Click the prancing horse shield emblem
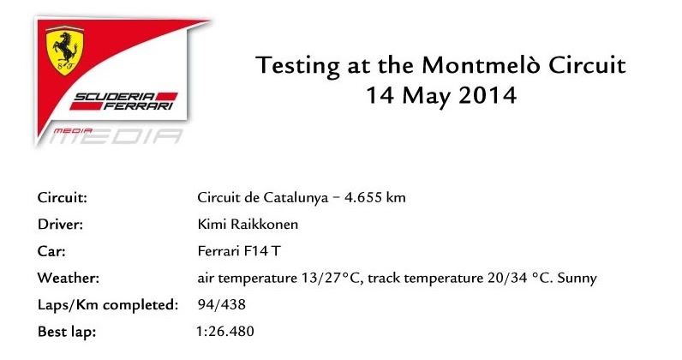[x=65, y=51]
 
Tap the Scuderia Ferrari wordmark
[x=124, y=101]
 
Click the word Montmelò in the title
[x=481, y=65]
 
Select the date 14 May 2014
[x=441, y=96]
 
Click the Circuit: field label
[x=63, y=198]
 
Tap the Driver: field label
[x=60, y=225]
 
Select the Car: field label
[x=51, y=252]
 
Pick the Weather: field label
[x=69, y=279]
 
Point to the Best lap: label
[x=67, y=332]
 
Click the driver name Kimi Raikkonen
[x=248, y=225]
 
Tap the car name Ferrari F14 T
[x=239, y=252]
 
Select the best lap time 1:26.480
[x=225, y=332]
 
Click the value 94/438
[x=222, y=305]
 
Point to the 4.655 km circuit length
[x=375, y=198]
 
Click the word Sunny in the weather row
[x=577, y=279]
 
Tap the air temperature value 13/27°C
[x=332, y=279]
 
